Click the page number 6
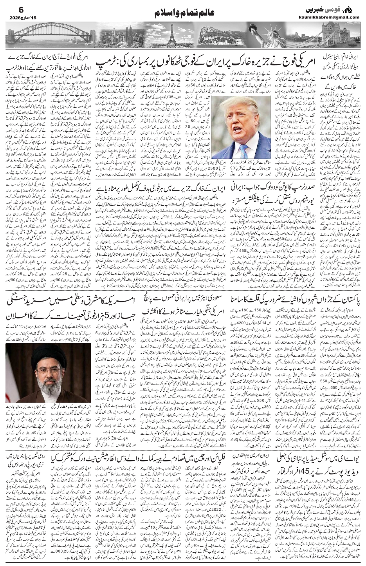[x=10, y=8]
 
